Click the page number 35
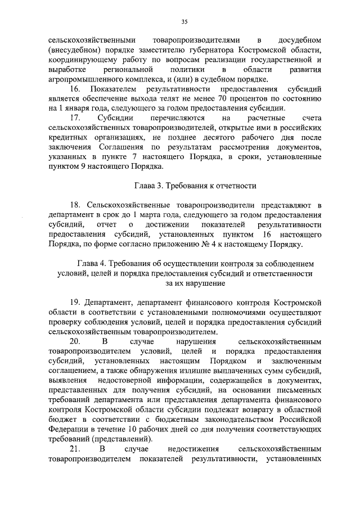coord(184,21)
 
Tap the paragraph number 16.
coord(74,89)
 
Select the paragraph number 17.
coord(74,119)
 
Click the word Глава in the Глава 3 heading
coord(145,185)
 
